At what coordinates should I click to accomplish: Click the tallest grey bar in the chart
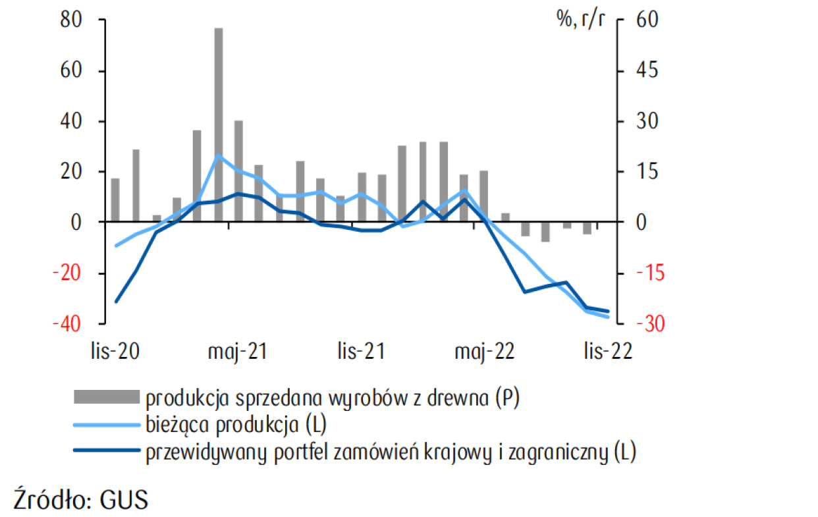218,125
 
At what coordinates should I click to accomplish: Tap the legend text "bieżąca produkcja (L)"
236,425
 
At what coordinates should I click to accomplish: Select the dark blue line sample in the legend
107,452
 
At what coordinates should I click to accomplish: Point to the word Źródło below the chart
50,499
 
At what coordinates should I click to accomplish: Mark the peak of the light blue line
218,155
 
